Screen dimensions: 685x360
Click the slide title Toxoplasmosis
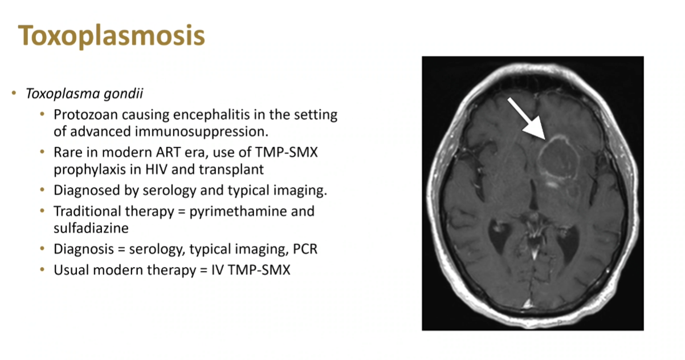coord(111,36)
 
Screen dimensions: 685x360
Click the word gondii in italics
coord(123,94)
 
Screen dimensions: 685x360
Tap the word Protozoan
coord(85,115)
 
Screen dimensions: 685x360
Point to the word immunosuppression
coord(202,132)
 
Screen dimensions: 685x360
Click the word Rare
coord(68,152)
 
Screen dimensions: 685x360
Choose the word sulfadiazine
coord(91,228)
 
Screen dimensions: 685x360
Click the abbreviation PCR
coord(305,249)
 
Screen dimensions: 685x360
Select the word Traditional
coord(87,211)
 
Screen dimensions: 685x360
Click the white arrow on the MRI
coord(526,119)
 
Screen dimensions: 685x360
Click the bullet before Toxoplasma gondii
coord(14,93)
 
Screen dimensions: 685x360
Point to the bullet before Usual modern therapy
coord(42,270)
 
